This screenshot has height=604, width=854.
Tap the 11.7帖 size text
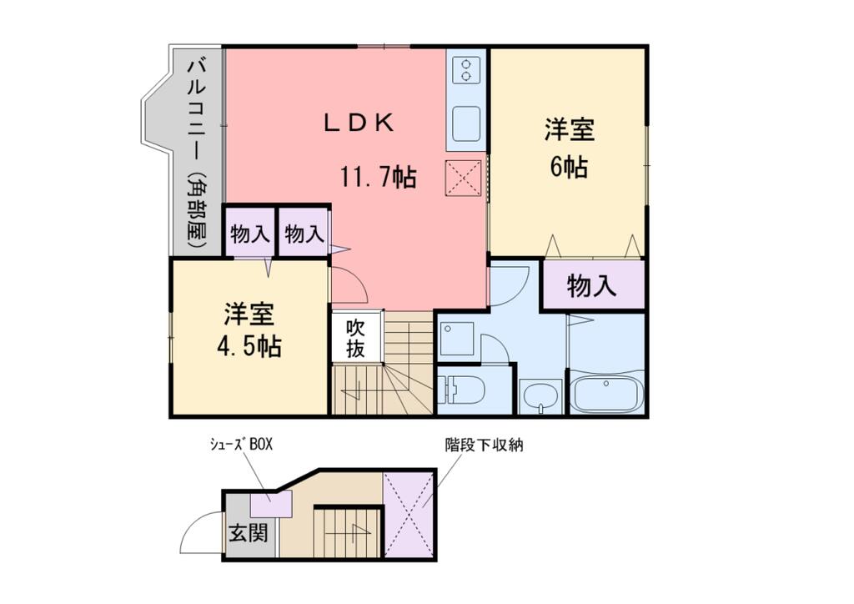click(377, 177)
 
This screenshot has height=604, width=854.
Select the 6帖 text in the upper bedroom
click(569, 167)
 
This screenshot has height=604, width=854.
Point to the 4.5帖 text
click(249, 345)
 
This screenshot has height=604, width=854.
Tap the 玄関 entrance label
click(249, 531)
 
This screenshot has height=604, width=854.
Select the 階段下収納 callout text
click(483, 445)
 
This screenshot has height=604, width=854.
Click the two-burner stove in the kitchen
click(466, 69)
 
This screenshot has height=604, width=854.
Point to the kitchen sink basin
click(466, 124)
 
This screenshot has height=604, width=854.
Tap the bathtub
click(605, 392)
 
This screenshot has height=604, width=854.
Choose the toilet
click(460, 390)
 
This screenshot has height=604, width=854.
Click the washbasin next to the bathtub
click(541, 396)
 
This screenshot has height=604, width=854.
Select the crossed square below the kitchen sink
click(465, 178)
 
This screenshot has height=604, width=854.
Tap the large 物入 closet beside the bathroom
click(592, 286)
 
